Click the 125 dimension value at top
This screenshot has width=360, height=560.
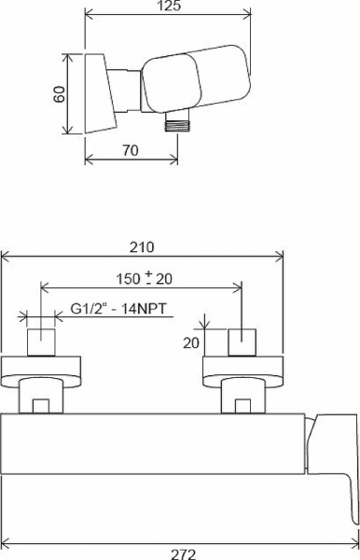point(168,7)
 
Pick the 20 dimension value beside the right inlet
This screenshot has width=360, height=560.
point(191,343)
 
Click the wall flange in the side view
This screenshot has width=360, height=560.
point(95,91)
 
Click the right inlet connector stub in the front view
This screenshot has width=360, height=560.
point(242,342)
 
